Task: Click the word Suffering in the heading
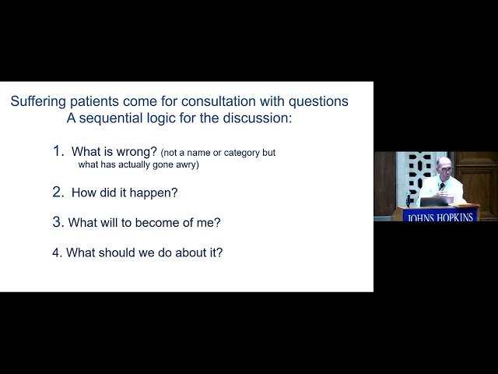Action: click(x=39, y=101)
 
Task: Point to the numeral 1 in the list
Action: click(x=57, y=151)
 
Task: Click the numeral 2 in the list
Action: click(x=57, y=192)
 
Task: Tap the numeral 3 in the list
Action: click(x=57, y=222)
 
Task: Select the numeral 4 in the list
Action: click(x=56, y=252)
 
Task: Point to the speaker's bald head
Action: click(x=444, y=164)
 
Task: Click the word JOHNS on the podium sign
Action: click(x=420, y=217)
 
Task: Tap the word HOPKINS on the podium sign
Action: click(x=454, y=217)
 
